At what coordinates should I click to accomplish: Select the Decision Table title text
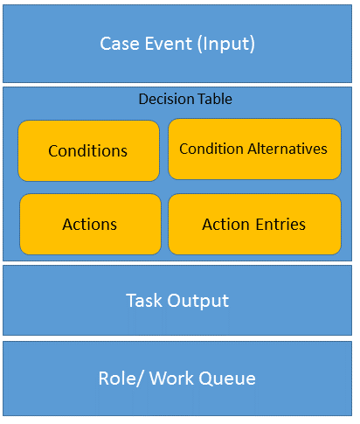tap(185, 100)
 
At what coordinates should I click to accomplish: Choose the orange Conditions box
tap(88, 150)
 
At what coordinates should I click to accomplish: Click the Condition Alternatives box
tap(253, 149)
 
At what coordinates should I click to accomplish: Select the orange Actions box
tap(90, 225)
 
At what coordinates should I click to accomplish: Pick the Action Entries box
tap(254, 225)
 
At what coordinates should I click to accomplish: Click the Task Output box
tap(177, 301)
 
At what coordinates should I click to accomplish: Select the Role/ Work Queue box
tap(177, 379)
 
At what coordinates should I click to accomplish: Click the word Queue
tap(229, 379)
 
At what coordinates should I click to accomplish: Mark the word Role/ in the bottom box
tap(119, 379)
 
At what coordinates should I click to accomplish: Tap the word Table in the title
tap(215, 100)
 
